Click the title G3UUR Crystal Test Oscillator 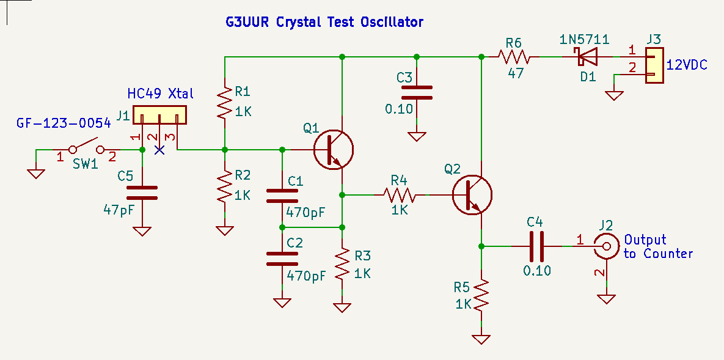(x=324, y=23)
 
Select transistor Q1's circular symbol (x=333, y=150)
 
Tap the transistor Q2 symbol (x=472, y=195)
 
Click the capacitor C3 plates (x=417, y=92)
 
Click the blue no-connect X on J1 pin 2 (x=159, y=150)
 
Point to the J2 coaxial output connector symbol (x=606, y=247)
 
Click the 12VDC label (x=687, y=64)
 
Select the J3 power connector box (x=653, y=65)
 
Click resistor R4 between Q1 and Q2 (x=400, y=195)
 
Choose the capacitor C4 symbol (x=537, y=246)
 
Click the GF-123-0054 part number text (x=64, y=123)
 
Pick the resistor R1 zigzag (x=225, y=102)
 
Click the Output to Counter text (x=658, y=247)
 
